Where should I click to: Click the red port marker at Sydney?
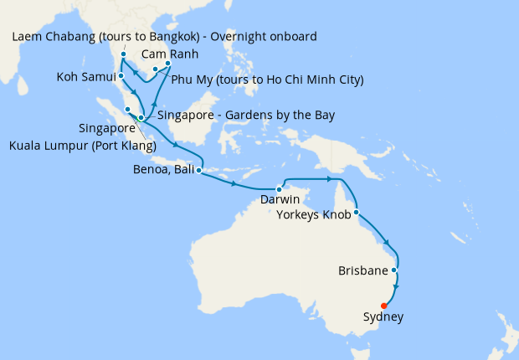(383, 306)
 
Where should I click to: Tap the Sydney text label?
(383, 317)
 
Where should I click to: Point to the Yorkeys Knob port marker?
(357, 212)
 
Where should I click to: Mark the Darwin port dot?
(279, 188)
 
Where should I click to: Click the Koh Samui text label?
(85, 77)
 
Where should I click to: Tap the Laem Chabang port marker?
(123, 55)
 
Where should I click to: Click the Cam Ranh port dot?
(168, 63)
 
